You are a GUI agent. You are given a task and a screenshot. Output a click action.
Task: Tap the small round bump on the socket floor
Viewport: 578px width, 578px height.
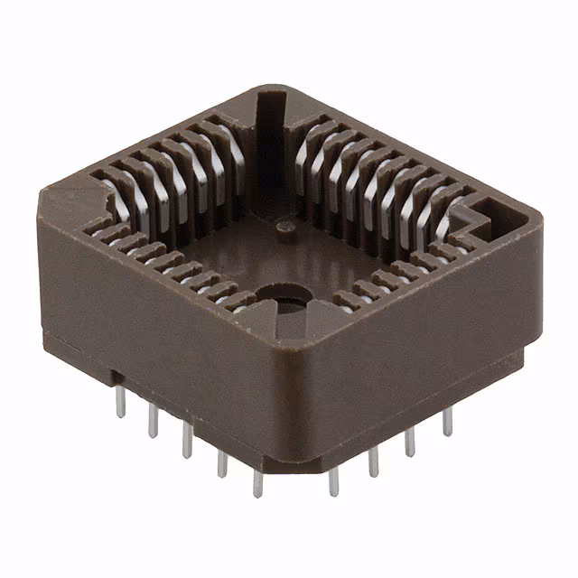coord(285,226)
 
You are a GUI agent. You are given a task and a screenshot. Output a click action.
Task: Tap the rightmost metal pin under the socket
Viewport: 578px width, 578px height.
coord(447,421)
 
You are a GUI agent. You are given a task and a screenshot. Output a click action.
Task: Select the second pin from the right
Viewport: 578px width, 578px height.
coord(409,440)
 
